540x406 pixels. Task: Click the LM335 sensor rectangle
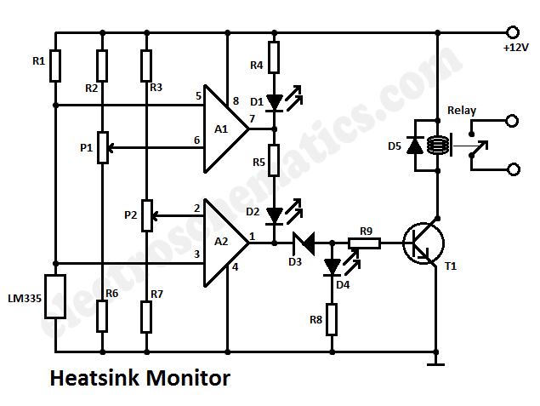[x=55, y=296]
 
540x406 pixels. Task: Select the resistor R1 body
[x=55, y=66]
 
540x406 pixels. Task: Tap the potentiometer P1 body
[x=103, y=147]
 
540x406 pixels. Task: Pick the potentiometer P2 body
[x=147, y=215]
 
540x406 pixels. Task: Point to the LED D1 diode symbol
[x=275, y=102]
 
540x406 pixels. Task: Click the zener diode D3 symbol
[x=304, y=243]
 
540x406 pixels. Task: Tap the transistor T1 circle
[x=424, y=243]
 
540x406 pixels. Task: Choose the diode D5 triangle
[x=415, y=145]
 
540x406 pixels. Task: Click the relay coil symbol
[x=437, y=145]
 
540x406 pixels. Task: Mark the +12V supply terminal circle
[x=513, y=32]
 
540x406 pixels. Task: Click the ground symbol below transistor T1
[x=435, y=363]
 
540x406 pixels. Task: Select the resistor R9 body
[x=364, y=243]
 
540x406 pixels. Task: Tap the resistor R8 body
[x=332, y=319]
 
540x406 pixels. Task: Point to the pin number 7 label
[x=252, y=119]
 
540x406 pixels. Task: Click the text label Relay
[x=462, y=111]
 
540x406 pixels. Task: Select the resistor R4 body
[x=274, y=57]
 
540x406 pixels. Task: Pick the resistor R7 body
[x=147, y=317]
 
